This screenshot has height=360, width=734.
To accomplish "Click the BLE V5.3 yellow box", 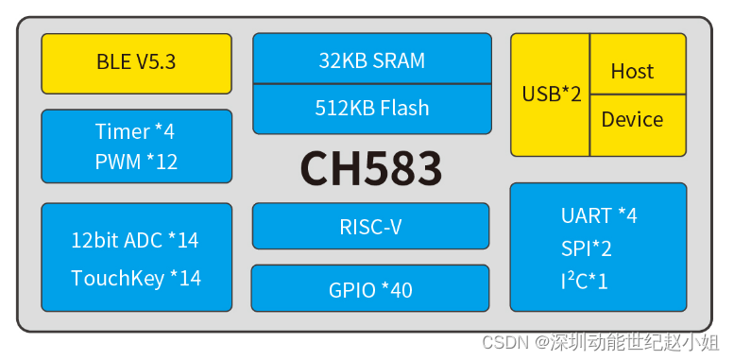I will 136,63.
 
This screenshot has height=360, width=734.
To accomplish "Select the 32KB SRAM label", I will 371,60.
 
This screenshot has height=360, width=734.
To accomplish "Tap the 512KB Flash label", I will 371,108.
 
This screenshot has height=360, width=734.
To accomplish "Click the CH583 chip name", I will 370,168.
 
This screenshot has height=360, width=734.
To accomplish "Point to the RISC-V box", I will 370,227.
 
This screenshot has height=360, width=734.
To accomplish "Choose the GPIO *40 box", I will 370,289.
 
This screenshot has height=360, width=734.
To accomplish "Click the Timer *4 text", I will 135,131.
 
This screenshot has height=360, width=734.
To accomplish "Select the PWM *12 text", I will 136,162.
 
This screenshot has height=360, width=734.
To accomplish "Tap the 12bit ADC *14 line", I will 135,240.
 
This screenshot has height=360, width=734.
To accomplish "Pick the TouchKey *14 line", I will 136,278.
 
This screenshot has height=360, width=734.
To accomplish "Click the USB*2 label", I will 551,94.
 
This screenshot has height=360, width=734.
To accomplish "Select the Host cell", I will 632,71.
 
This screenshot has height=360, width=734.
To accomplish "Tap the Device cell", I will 632,119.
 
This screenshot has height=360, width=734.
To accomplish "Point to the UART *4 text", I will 598,215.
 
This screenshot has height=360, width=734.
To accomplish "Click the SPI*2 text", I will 586,249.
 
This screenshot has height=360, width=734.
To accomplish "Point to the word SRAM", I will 398,60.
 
